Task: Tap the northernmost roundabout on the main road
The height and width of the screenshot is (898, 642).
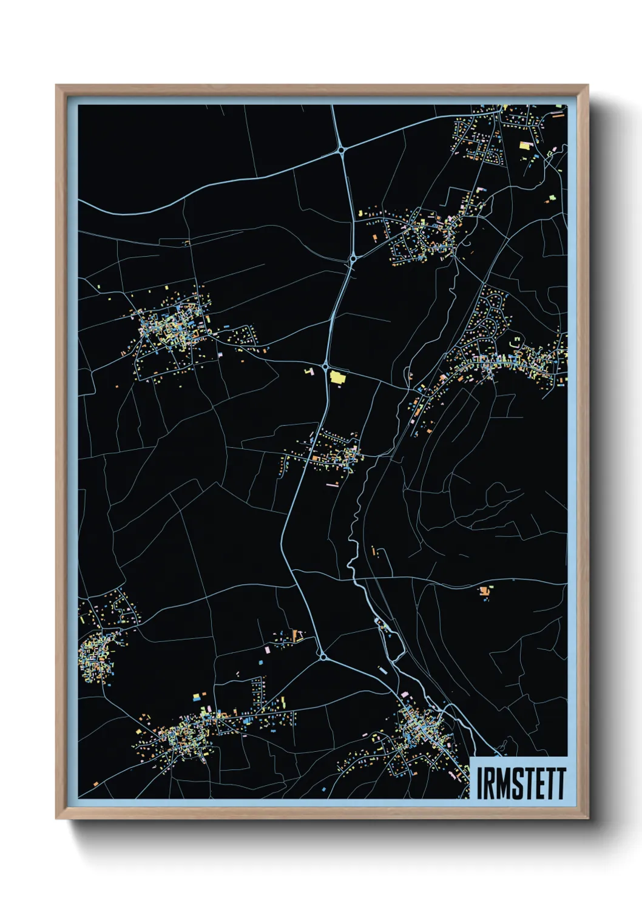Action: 342,148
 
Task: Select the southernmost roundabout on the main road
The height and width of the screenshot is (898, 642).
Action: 323,656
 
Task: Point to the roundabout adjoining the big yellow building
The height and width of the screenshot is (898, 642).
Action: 325,366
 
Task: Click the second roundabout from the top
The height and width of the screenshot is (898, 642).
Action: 353,259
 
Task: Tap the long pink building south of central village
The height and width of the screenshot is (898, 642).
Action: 332,484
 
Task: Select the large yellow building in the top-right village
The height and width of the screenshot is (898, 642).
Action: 525,145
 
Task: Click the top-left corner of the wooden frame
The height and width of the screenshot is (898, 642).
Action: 56,86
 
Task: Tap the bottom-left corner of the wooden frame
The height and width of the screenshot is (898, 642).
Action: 56,819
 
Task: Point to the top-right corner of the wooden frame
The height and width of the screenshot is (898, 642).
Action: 587,86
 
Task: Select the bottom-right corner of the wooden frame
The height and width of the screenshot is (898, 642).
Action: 587,819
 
